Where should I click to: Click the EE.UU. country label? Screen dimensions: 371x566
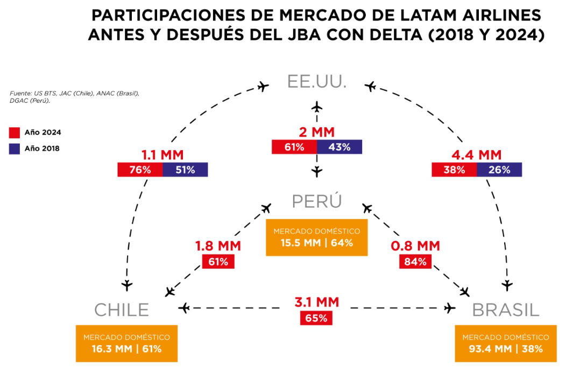[x=316, y=82]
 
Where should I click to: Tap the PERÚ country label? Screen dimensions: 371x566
[x=317, y=201]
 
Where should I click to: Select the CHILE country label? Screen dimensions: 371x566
[x=122, y=310]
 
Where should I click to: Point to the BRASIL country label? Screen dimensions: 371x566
[x=506, y=310]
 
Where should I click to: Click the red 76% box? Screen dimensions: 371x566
[x=140, y=170]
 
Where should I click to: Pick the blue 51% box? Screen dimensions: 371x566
[x=185, y=170]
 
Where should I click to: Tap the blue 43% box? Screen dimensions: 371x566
[x=339, y=146]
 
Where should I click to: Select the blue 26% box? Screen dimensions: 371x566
[x=499, y=170]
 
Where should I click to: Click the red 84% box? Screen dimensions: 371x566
[x=415, y=262]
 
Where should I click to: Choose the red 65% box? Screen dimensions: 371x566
[x=316, y=318]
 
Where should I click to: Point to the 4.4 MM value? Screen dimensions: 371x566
[x=477, y=155]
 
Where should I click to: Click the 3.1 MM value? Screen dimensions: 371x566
[x=316, y=302]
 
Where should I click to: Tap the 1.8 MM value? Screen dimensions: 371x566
[x=218, y=247]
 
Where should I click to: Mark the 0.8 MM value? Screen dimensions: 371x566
[x=415, y=247]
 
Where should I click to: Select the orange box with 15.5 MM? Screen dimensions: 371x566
[x=316, y=237]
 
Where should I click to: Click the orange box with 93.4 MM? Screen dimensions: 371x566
[x=506, y=344]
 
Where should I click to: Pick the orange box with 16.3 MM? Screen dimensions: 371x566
[x=126, y=344]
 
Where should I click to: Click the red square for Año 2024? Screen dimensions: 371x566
[x=15, y=132]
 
